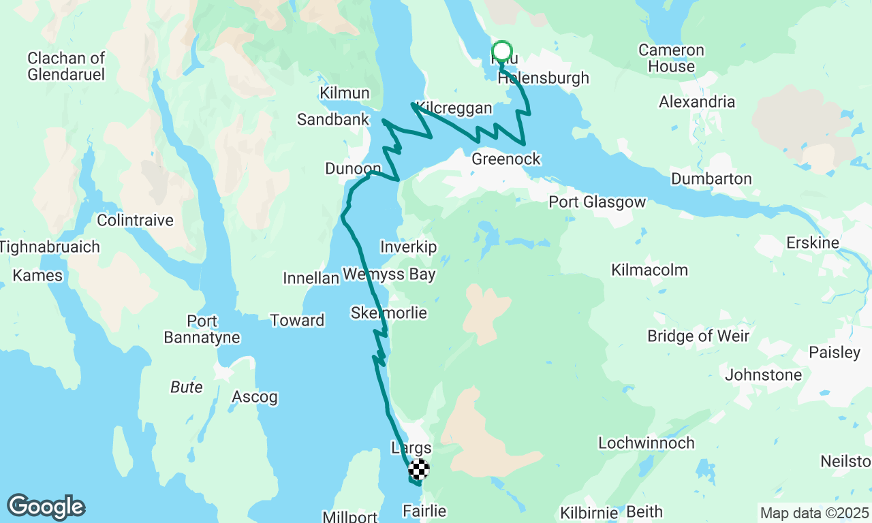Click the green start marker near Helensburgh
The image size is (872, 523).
click(x=501, y=52)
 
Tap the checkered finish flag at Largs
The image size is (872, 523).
click(x=419, y=469)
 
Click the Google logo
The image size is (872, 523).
click(x=46, y=507)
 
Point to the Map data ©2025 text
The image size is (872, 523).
click(x=814, y=513)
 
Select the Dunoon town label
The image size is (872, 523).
click(x=353, y=168)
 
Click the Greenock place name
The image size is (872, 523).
click(x=506, y=159)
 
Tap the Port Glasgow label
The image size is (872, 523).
click(x=597, y=202)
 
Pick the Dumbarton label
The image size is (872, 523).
click(x=711, y=179)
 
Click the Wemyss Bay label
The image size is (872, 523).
click(x=389, y=274)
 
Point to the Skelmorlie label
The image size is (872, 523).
click(x=389, y=313)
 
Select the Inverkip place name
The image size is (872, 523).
click(x=409, y=247)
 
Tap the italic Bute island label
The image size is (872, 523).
click(x=186, y=387)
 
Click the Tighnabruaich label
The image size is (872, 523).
click(x=50, y=247)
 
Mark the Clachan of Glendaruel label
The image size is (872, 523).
click(x=67, y=66)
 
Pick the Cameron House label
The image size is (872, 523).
click(x=671, y=59)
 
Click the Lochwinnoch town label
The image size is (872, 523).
click(x=647, y=443)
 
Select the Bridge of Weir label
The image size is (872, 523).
click(x=698, y=336)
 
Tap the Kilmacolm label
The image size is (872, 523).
click(x=649, y=270)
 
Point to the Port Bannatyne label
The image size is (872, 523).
click(x=202, y=329)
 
